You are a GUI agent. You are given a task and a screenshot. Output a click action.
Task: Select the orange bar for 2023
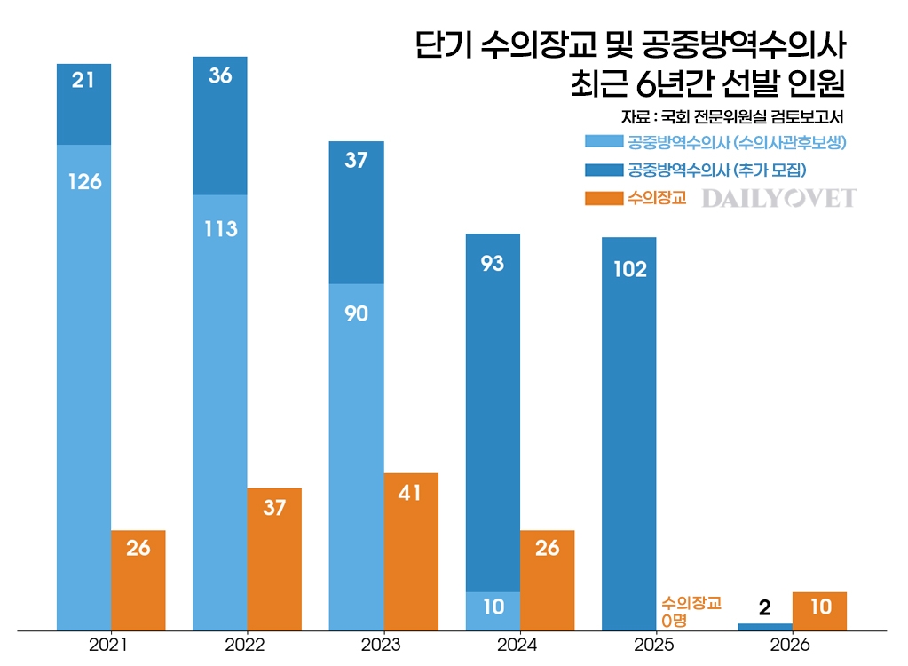[x=411, y=551]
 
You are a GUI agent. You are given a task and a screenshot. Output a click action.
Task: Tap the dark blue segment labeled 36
[x=220, y=125]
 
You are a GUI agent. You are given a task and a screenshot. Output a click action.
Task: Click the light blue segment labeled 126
[x=83, y=387]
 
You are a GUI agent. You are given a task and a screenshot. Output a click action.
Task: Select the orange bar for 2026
[x=820, y=611]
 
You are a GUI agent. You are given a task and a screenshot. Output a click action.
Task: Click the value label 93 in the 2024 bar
[x=493, y=264]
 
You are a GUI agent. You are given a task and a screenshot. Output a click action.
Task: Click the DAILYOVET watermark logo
[x=779, y=198]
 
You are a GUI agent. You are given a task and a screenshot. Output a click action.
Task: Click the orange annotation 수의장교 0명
[x=691, y=611]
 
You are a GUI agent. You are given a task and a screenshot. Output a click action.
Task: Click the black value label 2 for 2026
[x=765, y=607]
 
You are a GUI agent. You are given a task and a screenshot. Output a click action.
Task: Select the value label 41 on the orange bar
[x=411, y=493]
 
